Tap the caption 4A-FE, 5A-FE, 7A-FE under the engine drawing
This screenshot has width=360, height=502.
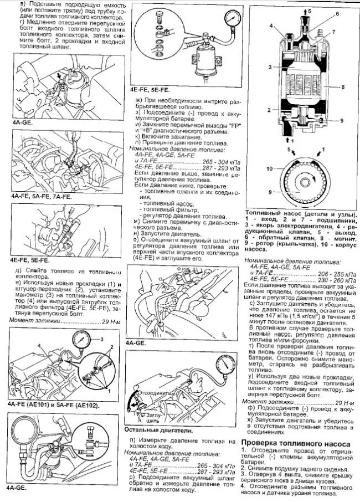point(41,197)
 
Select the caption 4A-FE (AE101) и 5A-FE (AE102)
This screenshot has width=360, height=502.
point(53,405)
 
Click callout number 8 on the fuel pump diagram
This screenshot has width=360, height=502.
point(344,86)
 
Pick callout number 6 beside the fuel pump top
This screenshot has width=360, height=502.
point(336,13)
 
